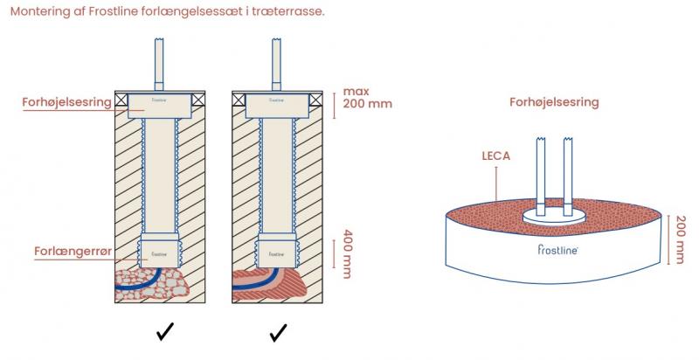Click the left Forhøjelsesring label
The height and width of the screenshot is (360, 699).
[66, 102]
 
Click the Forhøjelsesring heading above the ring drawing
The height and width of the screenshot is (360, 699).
[554, 102]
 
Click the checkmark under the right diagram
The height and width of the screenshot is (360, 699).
[279, 333]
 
